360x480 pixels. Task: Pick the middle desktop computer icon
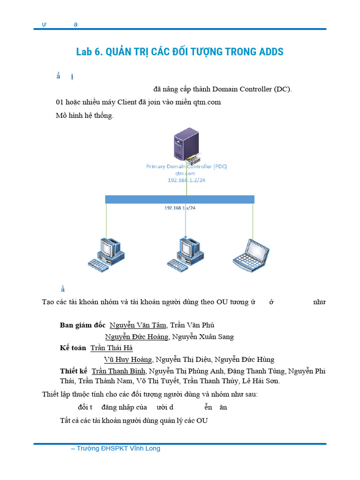186,254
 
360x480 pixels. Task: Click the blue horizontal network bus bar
180,199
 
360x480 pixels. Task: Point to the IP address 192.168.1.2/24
187,180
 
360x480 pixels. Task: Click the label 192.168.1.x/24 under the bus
180,207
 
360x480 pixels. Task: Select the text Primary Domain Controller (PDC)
187,166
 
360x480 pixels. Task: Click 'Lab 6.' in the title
89,52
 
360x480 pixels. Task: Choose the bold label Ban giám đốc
83,325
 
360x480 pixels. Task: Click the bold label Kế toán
73,348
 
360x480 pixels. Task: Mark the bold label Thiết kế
74,371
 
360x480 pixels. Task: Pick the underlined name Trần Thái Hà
112,348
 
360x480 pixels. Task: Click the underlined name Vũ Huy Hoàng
128,360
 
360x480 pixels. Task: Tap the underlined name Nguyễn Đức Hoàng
136,337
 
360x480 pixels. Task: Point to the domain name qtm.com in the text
208,102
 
